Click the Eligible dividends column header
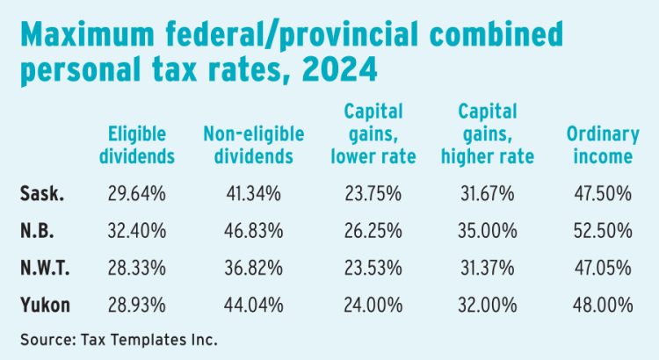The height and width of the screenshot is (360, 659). pos(141,146)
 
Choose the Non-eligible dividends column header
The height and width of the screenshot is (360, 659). pos(254,146)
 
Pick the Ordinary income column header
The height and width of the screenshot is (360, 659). pos(600,146)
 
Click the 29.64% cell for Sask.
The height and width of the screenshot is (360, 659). pos(141,194)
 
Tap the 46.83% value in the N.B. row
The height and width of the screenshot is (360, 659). pos(254,231)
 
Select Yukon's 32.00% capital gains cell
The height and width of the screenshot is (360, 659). pos(487,305)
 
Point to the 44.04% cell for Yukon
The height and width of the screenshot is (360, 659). pos(254,305)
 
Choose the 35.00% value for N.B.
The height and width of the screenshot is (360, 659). pos(487,231)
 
